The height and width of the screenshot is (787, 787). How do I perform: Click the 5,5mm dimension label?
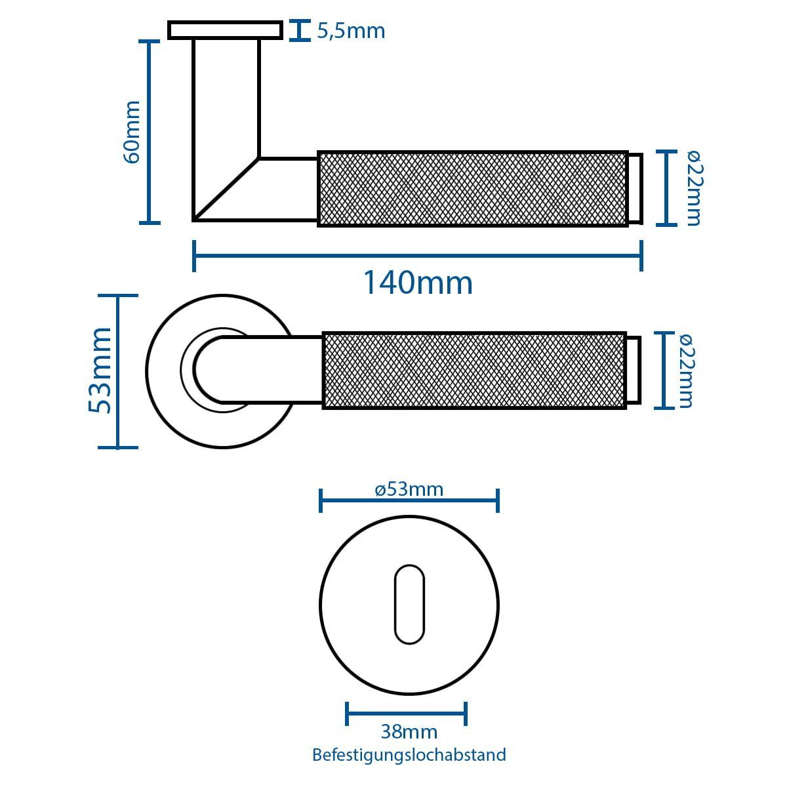pyautogui.click(x=351, y=31)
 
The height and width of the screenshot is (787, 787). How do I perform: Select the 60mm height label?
pyautogui.click(x=132, y=132)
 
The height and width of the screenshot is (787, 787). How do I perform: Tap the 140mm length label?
pyautogui.click(x=418, y=283)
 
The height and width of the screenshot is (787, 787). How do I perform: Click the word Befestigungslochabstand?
pyautogui.click(x=409, y=755)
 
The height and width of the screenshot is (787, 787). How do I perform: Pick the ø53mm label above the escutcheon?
pyautogui.click(x=409, y=489)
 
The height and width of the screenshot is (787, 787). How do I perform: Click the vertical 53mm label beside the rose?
pyautogui.click(x=100, y=371)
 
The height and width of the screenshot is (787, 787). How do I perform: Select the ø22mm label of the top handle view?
pyautogui.click(x=693, y=188)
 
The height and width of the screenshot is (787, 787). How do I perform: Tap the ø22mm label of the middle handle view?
pyautogui.click(x=686, y=371)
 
